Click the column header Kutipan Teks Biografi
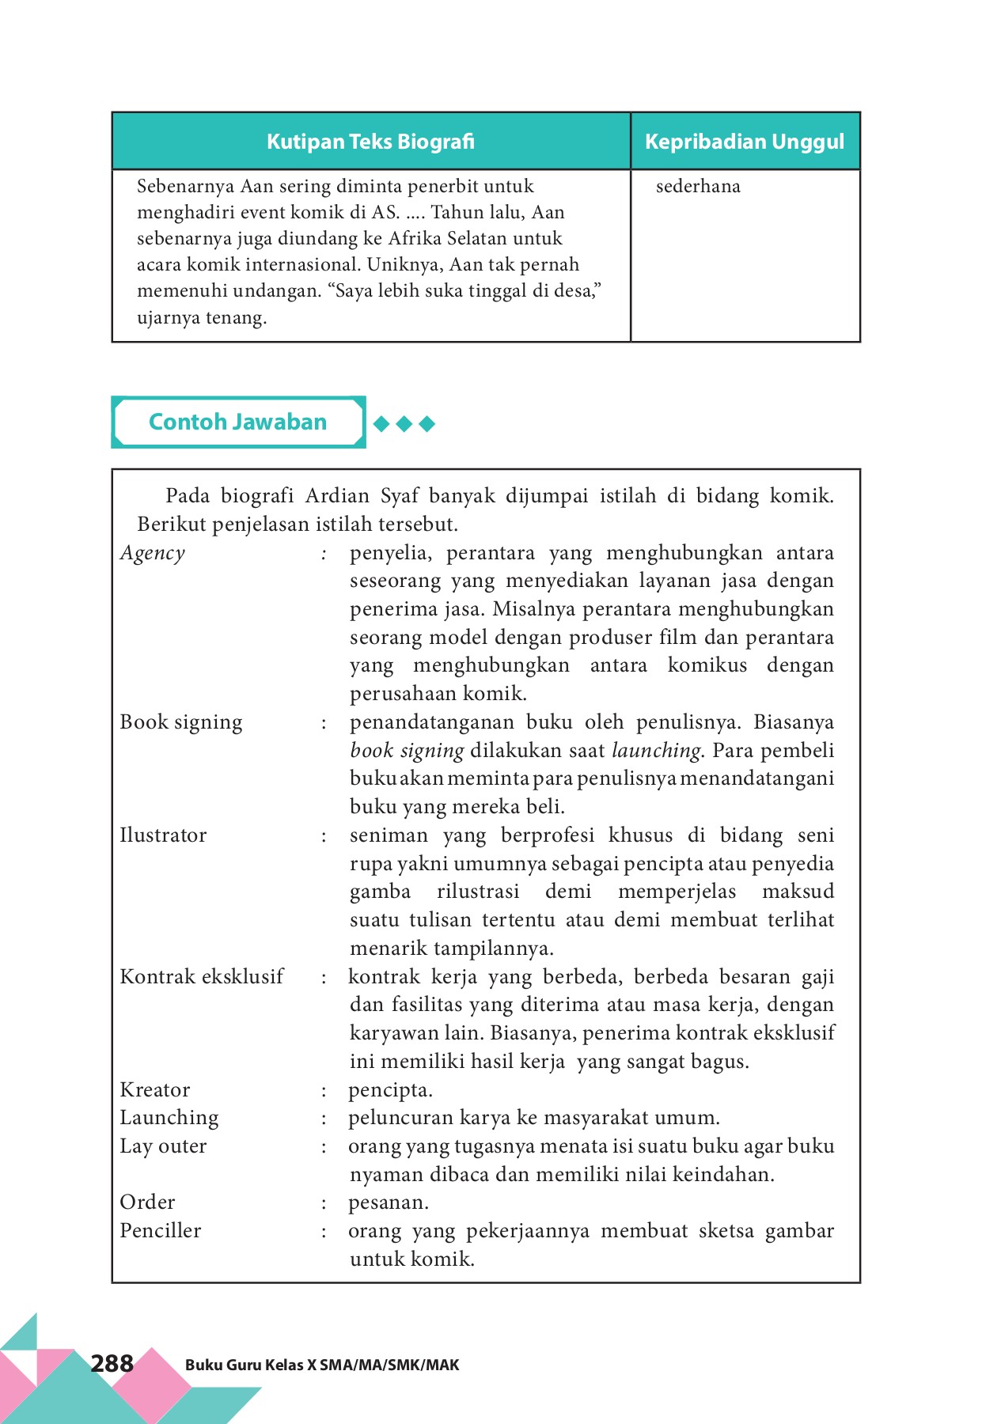click(370, 142)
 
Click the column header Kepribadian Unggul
click(745, 142)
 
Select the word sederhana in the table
click(698, 187)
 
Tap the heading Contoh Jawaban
click(237, 422)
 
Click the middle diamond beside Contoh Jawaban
click(404, 424)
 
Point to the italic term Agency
click(153, 553)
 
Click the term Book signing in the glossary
click(181, 722)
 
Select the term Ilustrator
click(163, 835)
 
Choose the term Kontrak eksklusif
click(202, 977)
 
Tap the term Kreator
click(155, 1090)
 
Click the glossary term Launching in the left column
click(169, 1118)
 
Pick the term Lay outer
click(163, 1146)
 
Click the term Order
click(147, 1202)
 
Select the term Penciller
click(161, 1231)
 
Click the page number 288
click(112, 1363)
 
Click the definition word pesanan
click(388, 1203)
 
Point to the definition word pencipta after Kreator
click(389, 1090)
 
